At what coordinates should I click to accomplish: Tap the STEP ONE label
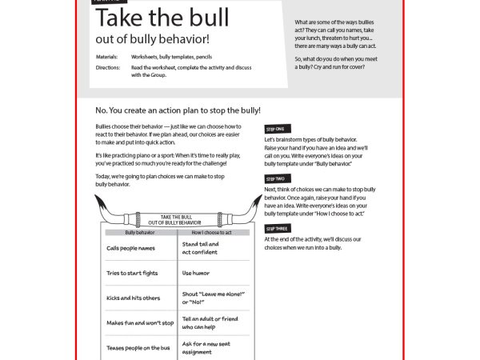pos(279,129)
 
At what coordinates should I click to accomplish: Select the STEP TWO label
pos(279,178)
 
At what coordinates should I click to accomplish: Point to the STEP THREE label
pos(281,229)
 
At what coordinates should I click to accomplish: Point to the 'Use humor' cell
pos(196,273)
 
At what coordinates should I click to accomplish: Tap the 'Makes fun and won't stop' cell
pos(140,323)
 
